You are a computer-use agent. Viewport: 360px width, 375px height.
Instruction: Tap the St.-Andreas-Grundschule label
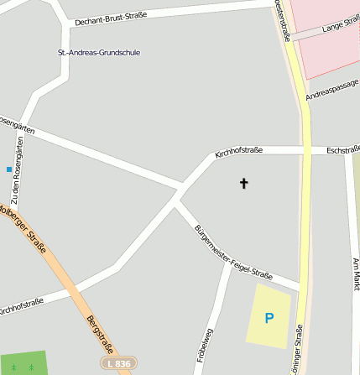click(98, 53)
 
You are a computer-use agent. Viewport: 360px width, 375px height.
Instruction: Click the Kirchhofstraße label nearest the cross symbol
click(238, 151)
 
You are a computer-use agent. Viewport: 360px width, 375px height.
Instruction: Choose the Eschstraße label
click(342, 150)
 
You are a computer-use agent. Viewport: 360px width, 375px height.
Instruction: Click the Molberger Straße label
click(23, 230)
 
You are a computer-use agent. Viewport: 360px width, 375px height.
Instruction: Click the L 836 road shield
click(118, 363)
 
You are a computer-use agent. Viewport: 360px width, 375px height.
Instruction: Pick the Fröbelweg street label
click(204, 344)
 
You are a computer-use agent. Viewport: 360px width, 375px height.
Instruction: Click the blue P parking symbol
click(269, 318)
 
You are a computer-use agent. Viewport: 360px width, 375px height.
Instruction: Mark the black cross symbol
click(244, 182)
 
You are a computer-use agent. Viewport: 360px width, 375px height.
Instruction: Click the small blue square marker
click(9, 169)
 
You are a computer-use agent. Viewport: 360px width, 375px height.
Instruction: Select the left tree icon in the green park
click(13, 367)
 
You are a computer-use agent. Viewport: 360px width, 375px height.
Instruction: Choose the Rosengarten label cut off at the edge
click(16, 125)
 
